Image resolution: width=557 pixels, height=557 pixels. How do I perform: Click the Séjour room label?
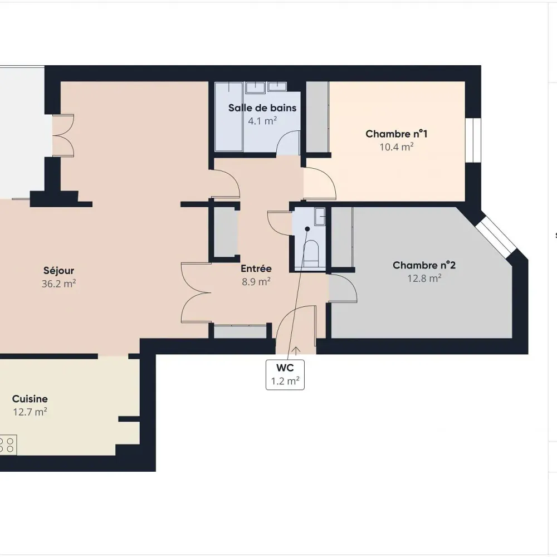pos(58,271)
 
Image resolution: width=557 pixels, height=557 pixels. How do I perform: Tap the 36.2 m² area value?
pos(58,284)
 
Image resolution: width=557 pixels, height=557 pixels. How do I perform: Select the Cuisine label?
pos(30,399)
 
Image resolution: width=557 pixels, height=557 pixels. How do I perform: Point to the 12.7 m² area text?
pos(30,412)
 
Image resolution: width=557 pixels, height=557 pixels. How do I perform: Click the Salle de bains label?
pos(262,108)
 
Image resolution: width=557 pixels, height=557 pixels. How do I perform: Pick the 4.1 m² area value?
pos(262,121)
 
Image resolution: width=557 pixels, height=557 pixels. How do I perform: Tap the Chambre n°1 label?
pos(397,134)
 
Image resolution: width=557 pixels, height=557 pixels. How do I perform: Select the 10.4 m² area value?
pos(397,146)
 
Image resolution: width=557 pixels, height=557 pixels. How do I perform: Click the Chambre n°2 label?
pos(424,265)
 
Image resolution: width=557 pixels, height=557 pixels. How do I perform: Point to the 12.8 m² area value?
pos(424,278)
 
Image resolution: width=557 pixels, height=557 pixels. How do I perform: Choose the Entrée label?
pos(256,268)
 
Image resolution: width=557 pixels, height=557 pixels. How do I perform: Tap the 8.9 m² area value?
pos(256,282)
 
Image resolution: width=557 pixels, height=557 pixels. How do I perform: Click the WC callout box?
pos(285,375)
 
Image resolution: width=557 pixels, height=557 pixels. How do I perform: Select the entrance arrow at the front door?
pos(296,350)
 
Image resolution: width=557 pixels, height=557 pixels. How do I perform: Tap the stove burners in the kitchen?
pos(7,445)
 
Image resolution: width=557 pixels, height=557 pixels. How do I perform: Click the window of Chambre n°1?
pos(473,140)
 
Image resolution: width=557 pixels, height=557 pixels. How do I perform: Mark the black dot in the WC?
pos(307,229)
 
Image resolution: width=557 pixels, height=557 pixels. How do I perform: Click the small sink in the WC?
pos(320,217)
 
